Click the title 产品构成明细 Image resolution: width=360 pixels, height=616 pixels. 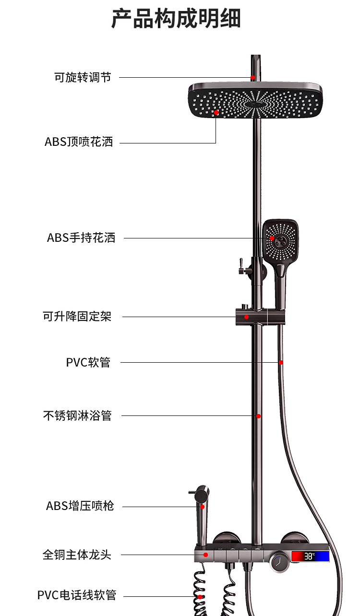click(x=176, y=19)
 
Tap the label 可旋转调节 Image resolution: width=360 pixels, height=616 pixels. click(x=82, y=77)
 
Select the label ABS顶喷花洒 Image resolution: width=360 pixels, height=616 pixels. click(x=79, y=142)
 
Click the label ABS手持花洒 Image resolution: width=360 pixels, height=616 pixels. click(x=81, y=237)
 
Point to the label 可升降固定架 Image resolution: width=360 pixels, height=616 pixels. click(x=77, y=317)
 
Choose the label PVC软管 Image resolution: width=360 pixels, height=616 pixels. click(x=88, y=362)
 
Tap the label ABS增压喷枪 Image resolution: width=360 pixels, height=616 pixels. click(x=80, y=506)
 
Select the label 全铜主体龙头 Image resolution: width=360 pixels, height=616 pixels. click(x=77, y=555)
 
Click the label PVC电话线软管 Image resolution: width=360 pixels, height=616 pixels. click(x=77, y=595)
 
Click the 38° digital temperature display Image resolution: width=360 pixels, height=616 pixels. click(x=310, y=557)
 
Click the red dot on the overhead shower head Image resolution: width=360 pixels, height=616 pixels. click(x=216, y=113)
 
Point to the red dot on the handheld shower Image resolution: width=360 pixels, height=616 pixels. click(x=272, y=238)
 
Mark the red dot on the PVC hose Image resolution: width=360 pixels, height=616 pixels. click(x=281, y=362)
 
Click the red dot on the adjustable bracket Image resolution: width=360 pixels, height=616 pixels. click(x=246, y=317)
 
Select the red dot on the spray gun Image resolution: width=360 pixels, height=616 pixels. click(x=203, y=506)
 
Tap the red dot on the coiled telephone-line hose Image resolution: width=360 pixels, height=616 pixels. click(x=200, y=596)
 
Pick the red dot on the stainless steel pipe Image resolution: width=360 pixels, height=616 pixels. click(x=258, y=416)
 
